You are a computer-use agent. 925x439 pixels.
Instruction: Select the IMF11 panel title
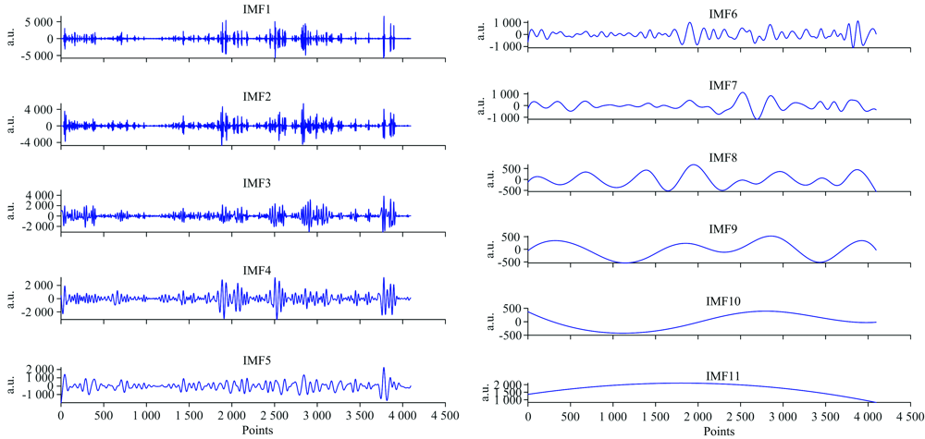point(726,375)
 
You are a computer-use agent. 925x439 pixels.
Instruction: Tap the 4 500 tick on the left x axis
point(445,418)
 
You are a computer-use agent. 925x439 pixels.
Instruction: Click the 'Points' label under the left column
point(257,431)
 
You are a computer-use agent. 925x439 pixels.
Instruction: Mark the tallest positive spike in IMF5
point(384,368)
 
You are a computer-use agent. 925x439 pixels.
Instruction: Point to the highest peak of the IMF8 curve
point(694,165)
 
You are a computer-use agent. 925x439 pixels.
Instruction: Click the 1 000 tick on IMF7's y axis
point(505,94)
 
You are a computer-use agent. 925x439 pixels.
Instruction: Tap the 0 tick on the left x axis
point(61,418)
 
